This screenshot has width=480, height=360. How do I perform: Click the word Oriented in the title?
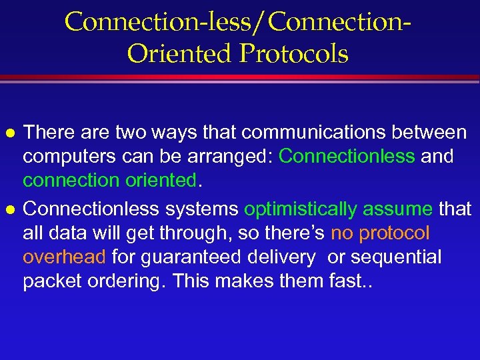[180, 53]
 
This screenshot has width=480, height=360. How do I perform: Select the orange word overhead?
[64, 257]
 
